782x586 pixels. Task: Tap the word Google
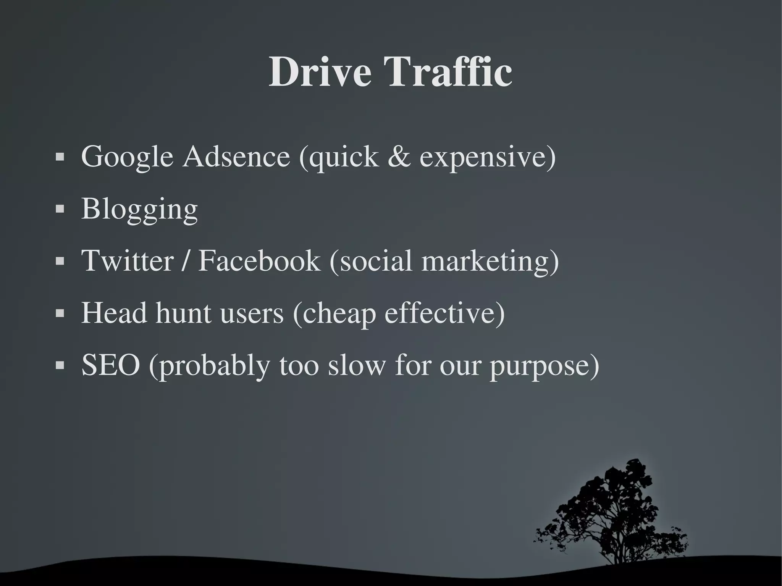coord(127,157)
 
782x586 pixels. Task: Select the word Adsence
coord(236,157)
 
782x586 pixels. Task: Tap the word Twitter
coord(128,261)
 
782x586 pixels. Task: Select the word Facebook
coord(259,261)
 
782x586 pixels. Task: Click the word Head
coord(114,313)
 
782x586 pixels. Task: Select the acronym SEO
coord(111,365)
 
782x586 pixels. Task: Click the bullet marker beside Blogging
coord(60,209)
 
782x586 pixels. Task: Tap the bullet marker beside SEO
coord(60,365)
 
